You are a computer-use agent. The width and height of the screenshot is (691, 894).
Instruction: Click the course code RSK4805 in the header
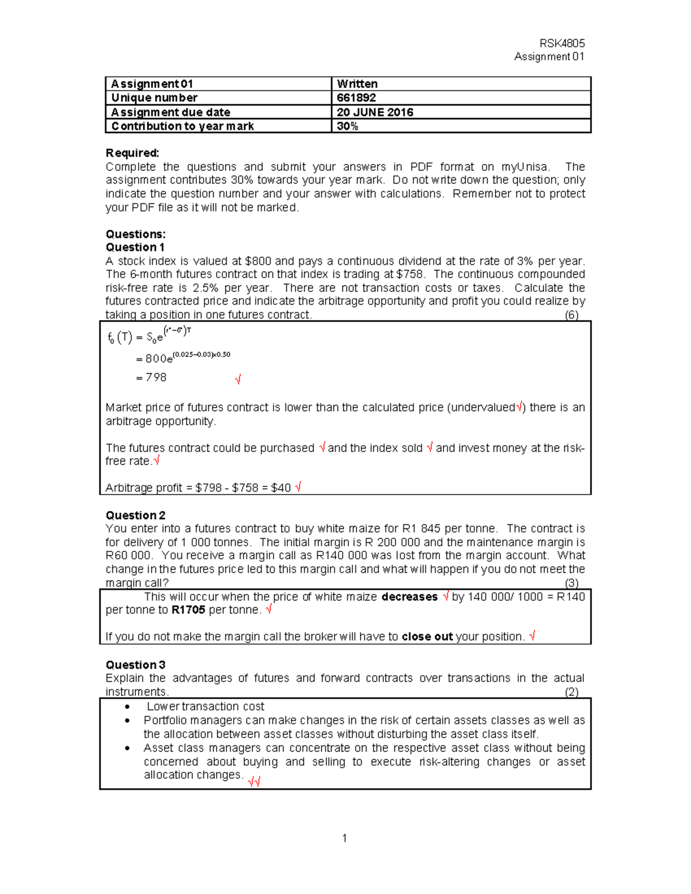[561, 43]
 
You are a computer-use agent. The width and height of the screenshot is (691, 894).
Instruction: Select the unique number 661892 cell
[356, 98]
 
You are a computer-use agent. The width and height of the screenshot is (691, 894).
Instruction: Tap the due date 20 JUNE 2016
[375, 112]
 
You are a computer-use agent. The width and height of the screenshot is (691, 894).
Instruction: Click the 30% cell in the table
[347, 126]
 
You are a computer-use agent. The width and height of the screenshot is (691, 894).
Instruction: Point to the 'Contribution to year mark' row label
[183, 126]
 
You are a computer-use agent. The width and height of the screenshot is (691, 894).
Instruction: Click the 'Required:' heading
[132, 153]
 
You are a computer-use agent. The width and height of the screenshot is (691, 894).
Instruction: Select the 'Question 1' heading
[135, 248]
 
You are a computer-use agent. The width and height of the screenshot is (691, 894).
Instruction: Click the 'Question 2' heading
[135, 515]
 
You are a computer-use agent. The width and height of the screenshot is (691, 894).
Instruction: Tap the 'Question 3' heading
[135, 665]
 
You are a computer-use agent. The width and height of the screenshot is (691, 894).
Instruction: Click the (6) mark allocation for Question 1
[571, 315]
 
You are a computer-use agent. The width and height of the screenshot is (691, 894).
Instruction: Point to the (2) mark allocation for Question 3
[571, 692]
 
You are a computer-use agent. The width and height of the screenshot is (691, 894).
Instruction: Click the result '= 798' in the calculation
[151, 378]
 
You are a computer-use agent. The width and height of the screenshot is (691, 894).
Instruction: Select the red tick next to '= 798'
[238, 379]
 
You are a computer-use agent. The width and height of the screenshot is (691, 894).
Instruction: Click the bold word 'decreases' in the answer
[409, 597]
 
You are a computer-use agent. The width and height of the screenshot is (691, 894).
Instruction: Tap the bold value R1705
[188, 610]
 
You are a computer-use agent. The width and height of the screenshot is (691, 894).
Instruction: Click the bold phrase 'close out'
[427, 637]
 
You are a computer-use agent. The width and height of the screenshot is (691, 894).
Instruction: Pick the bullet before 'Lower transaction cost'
[127, 707]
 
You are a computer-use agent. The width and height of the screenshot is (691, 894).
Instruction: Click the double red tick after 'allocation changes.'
[254, 781]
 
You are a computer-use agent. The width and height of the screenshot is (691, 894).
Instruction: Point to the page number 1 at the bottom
[344, 838]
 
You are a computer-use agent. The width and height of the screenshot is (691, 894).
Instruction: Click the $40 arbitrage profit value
[280, 488]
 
